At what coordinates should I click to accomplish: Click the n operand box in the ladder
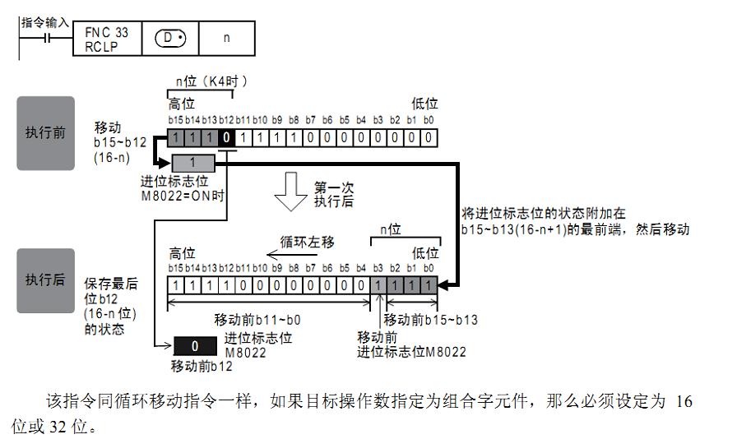[226, 38]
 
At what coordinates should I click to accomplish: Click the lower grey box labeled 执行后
[45, 280]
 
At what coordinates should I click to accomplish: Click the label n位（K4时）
[211, 81]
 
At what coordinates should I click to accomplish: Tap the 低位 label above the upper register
[424, 104]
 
